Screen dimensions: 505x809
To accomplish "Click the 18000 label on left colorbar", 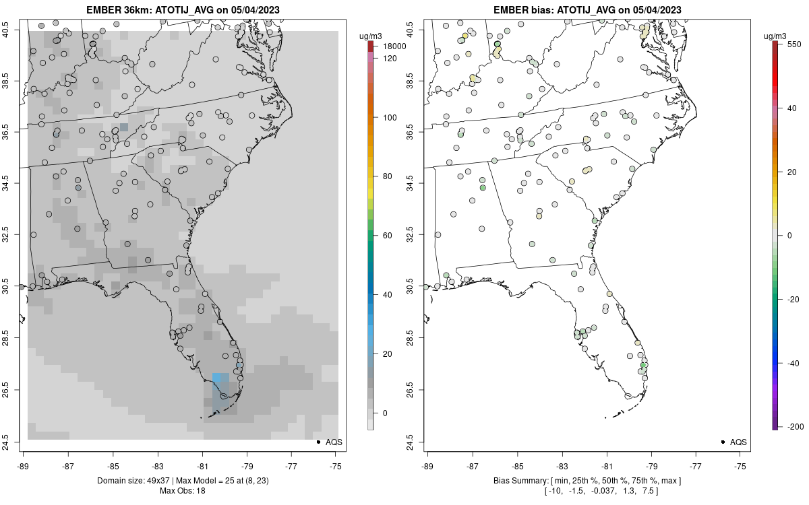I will [395, 46].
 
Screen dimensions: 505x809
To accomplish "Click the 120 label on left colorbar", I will [390, 59].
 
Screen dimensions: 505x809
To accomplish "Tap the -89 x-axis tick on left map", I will [24, 465].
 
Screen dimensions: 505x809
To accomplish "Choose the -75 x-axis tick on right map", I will [741, 465].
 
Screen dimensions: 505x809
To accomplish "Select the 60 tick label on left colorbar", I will [388, 236].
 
